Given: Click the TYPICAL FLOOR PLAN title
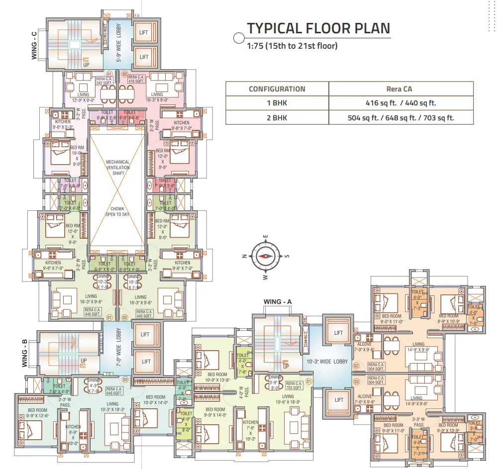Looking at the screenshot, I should pos(318,28).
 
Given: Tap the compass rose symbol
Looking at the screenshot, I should pos(265,256).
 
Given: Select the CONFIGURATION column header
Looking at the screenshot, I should pos(277,89).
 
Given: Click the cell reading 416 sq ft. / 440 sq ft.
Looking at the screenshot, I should pos(400,103).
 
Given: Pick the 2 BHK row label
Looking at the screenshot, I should pos(277,118).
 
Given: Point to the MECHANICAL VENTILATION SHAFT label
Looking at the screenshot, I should pos(118,167).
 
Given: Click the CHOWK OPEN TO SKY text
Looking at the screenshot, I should pos(118,211).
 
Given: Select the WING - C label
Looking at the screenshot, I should pos(34,46).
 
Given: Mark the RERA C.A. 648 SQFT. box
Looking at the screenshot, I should pos(113,391).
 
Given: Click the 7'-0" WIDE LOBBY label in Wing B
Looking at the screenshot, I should pos(118,348).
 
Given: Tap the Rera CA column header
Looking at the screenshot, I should pos(400,89).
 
